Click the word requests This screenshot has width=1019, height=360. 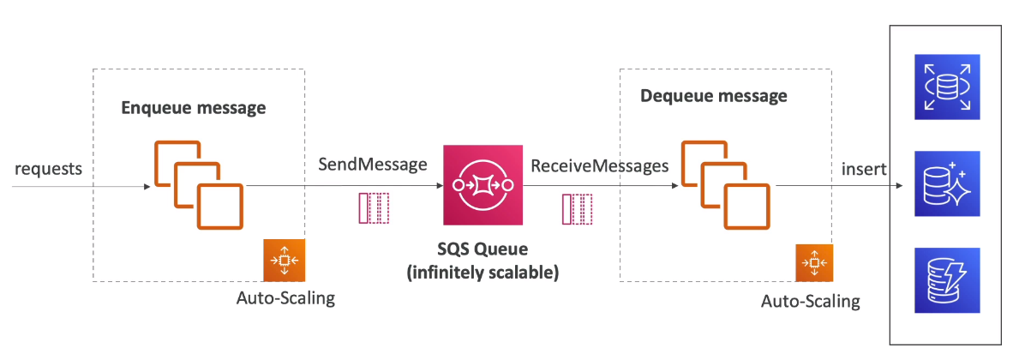(48, 168)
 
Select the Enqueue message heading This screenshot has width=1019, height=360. (193, 109)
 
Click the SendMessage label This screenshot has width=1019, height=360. (373, 165)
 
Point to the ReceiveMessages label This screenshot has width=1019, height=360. (599, 165)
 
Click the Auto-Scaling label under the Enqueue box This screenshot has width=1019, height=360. (285, 299)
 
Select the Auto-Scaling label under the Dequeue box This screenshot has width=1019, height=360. (811, 303)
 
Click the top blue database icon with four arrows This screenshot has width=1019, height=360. (947, 85)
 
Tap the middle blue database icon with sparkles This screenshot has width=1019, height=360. (947, 182)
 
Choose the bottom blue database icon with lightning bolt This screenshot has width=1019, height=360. (947, 279)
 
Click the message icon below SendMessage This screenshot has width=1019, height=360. (374, 208)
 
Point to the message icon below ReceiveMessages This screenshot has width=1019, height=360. (577, 209)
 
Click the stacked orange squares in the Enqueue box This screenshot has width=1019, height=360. (199, 183)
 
